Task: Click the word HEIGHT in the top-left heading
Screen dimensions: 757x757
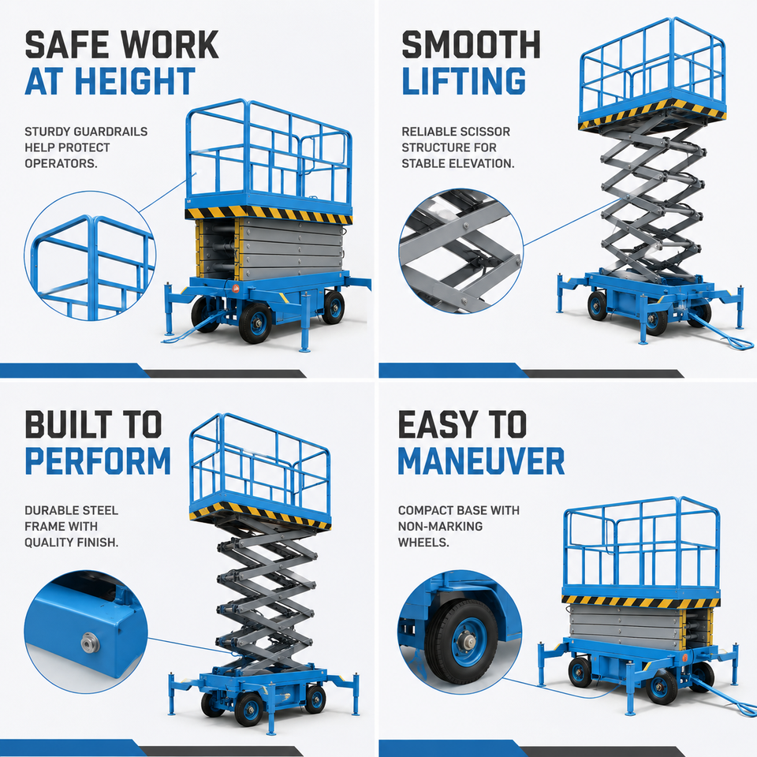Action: [135, 80]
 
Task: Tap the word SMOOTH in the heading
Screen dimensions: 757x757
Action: [471, 44]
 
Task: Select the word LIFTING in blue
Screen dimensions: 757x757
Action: [464, 80]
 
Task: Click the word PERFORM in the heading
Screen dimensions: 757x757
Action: [98, 461]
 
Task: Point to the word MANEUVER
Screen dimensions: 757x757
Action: [481, 461]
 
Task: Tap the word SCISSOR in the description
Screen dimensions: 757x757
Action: [487, 132]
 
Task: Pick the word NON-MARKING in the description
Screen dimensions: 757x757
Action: [440, 526]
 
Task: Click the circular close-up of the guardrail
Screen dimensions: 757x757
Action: [90, 255]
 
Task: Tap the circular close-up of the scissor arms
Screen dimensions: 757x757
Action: [461, 252]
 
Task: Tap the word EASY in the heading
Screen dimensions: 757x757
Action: [433, 424]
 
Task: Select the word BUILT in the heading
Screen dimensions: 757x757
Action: [69, 424]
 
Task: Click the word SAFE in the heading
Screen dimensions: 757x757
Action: [67, 44]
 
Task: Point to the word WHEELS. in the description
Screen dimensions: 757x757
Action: [423, 543]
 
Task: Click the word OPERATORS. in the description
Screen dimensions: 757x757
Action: [61, 163]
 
